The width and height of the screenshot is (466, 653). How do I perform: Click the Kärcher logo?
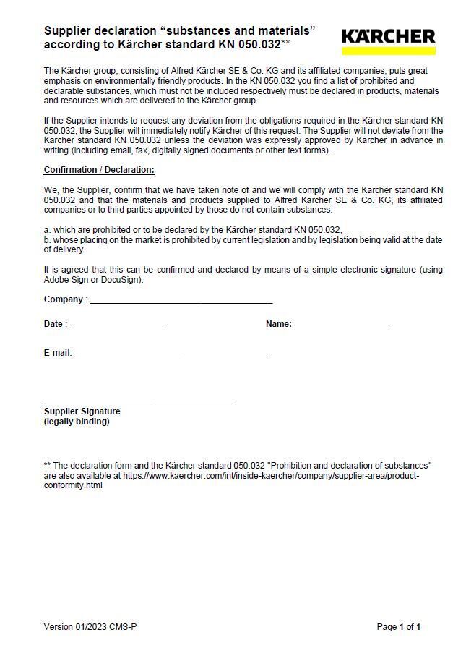[388, 37]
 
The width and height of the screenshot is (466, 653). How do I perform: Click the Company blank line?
[181, 302]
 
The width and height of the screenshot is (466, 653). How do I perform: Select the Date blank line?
[118, 327]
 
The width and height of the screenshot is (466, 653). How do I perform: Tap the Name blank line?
[342, 327]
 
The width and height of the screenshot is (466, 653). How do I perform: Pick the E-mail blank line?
[171, 356]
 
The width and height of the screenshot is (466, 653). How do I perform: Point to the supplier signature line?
[139, 400]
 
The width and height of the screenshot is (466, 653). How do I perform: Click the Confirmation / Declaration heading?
[99, 171]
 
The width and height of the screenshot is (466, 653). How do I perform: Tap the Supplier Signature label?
[82, 411]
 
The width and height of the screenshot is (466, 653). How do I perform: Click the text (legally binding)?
[77, 422]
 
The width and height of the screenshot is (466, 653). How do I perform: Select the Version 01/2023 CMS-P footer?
[90, 627]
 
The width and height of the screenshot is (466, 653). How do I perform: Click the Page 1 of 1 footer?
[399, 627]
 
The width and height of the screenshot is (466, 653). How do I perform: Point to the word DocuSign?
[122, 280]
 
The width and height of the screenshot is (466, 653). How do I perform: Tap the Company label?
[65, 299]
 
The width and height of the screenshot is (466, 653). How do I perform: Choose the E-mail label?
[58, 353]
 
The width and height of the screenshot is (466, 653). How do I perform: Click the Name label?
[278, 324]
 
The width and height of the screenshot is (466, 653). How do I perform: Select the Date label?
[55, 324]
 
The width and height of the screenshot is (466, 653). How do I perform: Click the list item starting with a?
[192, 230]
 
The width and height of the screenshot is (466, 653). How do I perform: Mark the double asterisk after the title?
[285, 43]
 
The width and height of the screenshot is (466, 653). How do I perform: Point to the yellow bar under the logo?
[388, 51]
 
